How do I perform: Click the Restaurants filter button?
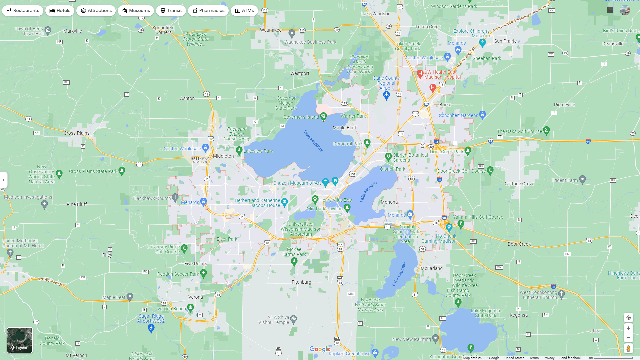(x=23, y=11)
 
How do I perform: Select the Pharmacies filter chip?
(x=208, y=11)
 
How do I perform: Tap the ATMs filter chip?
(x=244, y=11)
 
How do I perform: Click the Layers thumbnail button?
(x=20, y=340)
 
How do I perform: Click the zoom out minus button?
(x=628, y=338)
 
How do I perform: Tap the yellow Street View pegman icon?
(x=628, y=349)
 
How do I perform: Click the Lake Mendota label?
(x=313, y=141)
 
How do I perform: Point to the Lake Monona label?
(x=368, y=192)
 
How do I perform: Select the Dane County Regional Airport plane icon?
(x=386, y=95)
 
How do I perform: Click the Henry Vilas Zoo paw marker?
(x=315, y=200)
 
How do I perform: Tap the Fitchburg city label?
(x=301, y=282)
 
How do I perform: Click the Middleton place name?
(x=223, y=156)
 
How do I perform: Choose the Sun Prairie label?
(x=505, y=41)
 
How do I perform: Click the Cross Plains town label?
(x=76, y=133)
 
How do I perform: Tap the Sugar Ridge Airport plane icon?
(x=151, y=328)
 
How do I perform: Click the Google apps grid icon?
(x=610, y=10)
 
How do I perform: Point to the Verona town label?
(x=195, y=297)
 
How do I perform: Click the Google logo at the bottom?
(x=319, y=349)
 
